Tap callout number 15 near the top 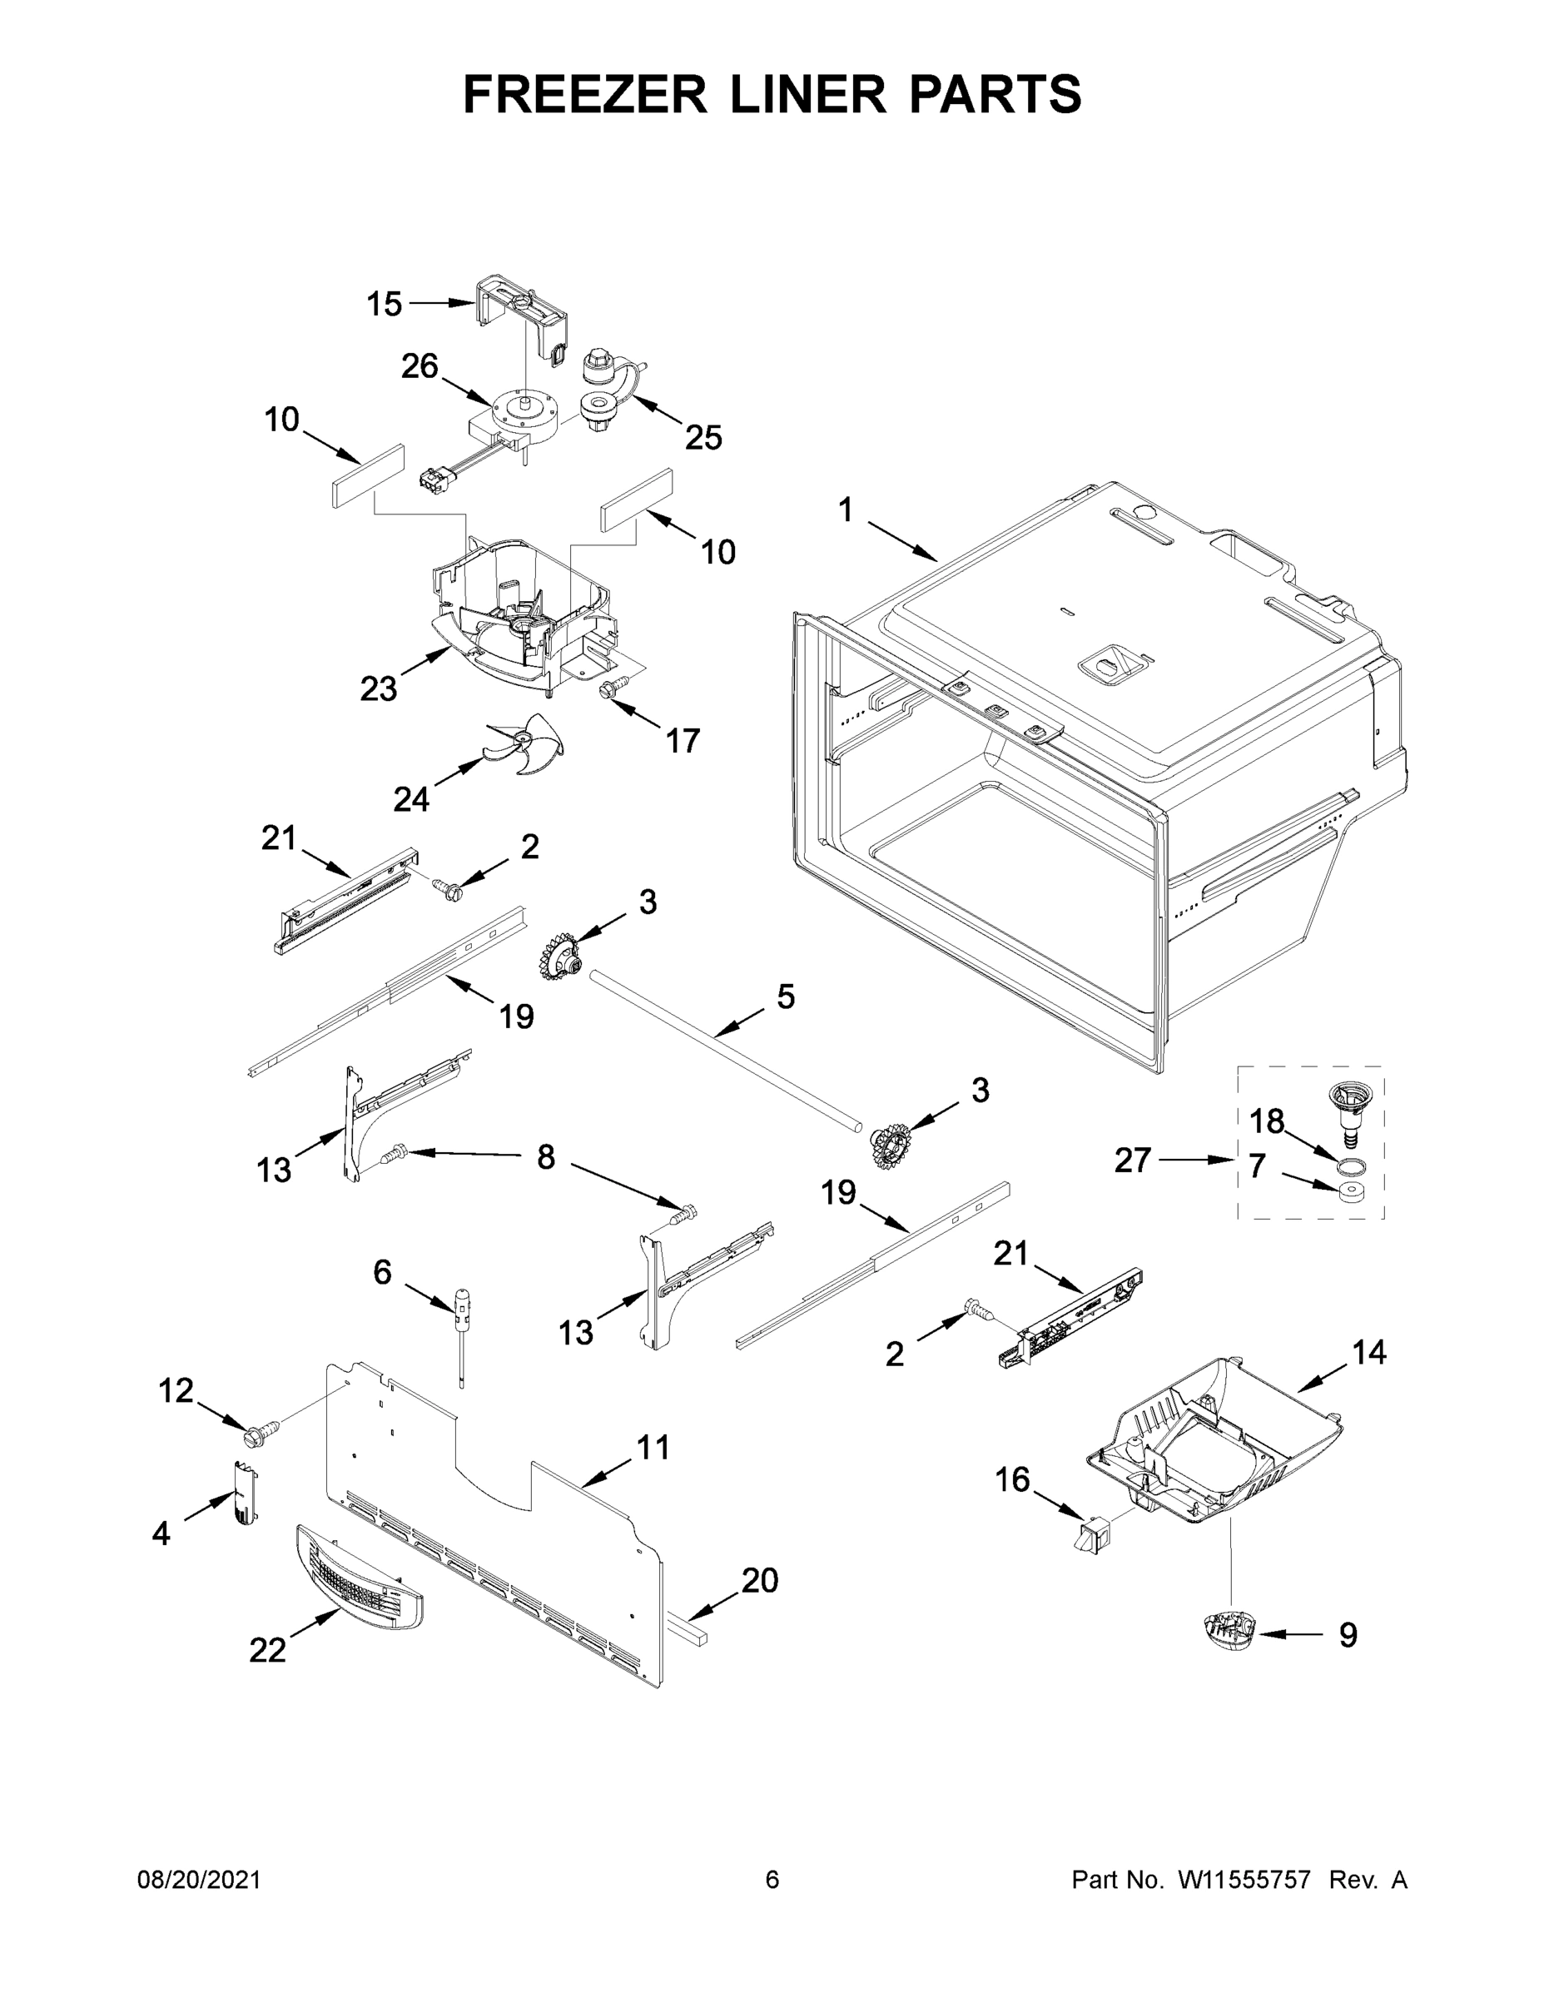click(x=385, y=305)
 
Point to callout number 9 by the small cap click(x=1348, y=1635)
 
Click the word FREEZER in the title click(x=585, y=94)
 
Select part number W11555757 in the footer click(x=1244, y=1880)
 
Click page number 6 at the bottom click(x=772, y=1880)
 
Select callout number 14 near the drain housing click(x=1369, y=1352)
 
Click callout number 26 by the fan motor click(x=420, y=366)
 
